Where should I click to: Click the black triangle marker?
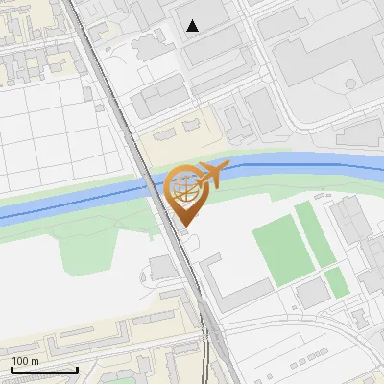(193, 26)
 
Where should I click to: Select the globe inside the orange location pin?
(183, 188)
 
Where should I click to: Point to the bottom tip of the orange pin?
(183, 227)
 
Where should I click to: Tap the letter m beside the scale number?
(36, 361)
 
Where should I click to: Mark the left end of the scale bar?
(11, 370)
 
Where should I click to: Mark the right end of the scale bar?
(77, 370)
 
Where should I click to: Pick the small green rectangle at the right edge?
(336, 281)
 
